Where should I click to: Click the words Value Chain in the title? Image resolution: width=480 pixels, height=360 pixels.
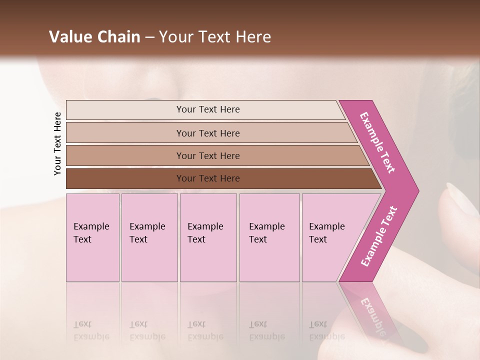tap(94, 37)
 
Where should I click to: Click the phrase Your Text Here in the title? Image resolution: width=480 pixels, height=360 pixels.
tap(215, 37)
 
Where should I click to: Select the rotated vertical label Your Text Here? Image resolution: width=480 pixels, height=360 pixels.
tap(57, 143)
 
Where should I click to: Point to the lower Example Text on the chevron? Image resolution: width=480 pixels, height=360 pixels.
tap(379, 236)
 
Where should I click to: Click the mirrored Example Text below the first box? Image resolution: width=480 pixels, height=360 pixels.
tap(91, 331)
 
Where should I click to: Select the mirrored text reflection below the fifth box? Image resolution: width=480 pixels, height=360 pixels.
tap(326, 331)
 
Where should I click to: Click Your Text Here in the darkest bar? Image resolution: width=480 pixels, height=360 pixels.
tap(208, 178)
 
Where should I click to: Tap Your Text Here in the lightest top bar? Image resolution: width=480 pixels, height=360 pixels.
tap(208, 109)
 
